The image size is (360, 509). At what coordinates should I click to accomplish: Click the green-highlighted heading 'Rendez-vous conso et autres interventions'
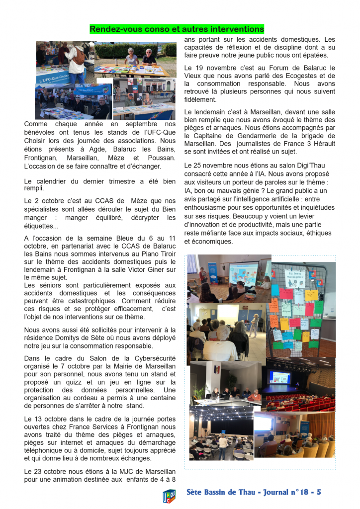pos(177,29)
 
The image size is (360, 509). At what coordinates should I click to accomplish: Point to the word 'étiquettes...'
pos(42,226)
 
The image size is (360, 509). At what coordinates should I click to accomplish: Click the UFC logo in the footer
pos(170,496)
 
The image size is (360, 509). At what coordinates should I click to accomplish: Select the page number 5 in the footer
pos(318,492)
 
